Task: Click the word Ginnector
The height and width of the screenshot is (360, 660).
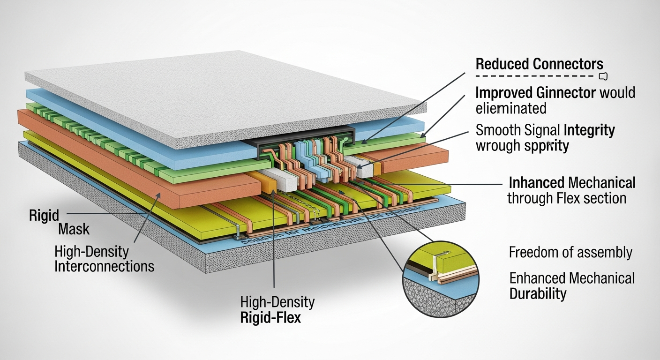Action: point(562,92)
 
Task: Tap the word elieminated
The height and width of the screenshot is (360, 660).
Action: point(511,109)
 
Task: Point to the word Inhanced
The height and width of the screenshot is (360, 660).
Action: point(537,182)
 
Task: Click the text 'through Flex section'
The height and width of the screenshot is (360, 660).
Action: point(567,198)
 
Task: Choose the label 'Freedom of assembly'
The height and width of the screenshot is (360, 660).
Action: point(570,253)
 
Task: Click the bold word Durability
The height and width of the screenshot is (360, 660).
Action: point(538,294)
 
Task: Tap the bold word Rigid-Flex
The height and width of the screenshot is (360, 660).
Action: point(270,317)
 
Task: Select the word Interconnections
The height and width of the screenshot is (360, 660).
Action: point(104,267)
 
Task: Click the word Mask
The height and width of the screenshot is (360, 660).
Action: point(74,230)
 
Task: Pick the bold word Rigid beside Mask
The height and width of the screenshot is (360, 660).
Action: point(44,216)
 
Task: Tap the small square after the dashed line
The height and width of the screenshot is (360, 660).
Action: point(603,76)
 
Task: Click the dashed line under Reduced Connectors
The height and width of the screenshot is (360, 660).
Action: point(534,76)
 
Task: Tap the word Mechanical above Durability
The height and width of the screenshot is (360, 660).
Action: point(604,278)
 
